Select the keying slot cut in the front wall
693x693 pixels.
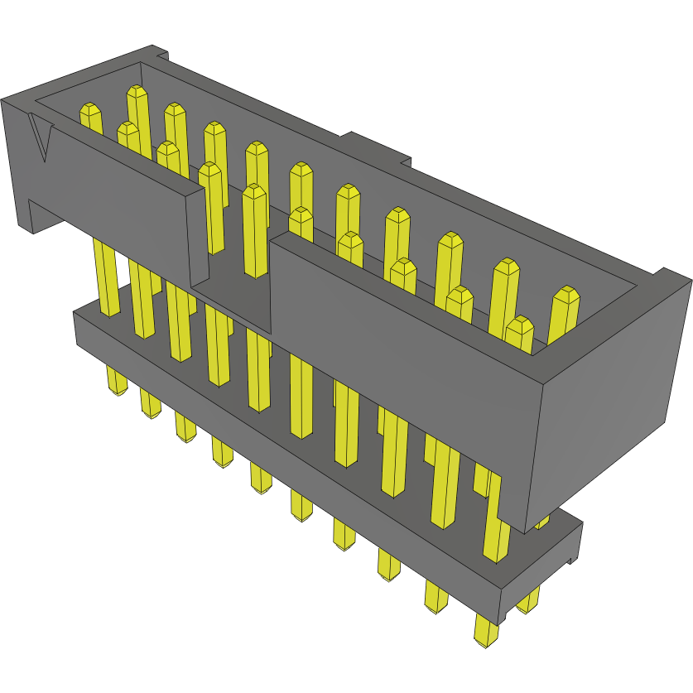pyautogui.click(x=236, y=265)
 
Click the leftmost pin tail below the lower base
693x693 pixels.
pyautogui.click(x=116, y=381)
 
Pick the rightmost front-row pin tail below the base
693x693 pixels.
pyautogui.click(x=486, y=628)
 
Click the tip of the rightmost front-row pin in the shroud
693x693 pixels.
pyautogui.click(x=519, y=325)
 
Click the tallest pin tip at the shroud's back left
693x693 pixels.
pyautogui.click(x=137, y=93)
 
